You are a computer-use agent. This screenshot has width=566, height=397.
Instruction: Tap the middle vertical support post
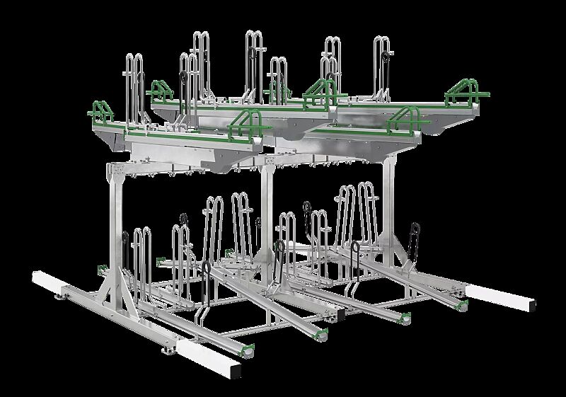267,212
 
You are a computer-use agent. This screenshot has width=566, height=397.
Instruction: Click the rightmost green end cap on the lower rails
463,304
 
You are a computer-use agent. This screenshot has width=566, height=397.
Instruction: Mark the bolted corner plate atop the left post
117,172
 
